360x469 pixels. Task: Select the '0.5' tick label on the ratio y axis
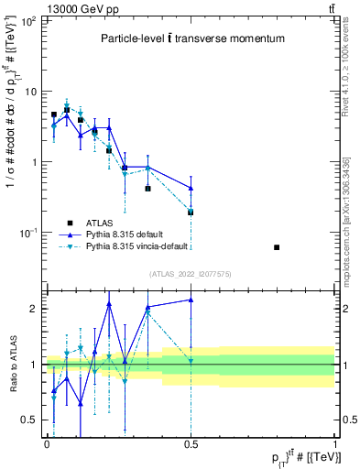pos(29,420)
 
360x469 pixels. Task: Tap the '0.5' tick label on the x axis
pos(191,443)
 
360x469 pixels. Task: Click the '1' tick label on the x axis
pos(334,443)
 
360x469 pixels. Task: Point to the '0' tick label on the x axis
pos(47,443)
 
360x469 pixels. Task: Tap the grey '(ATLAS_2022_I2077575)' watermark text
pos(191,274)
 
